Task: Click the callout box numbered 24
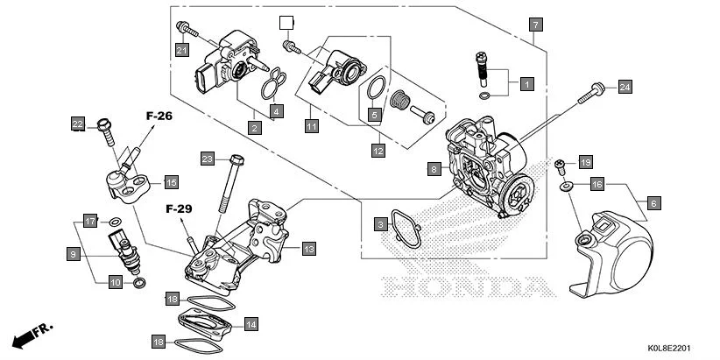click(x=625, y=86)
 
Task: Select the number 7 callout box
click(x=535, y=25)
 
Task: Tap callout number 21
click(x=182, y=50)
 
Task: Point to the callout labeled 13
click(x=308, y=249)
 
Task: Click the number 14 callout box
click(x=251, y=324)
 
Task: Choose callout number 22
click(x=78, y=124)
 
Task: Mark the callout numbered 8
click(x=434, y=168)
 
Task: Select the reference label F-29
click(x=179, y=210)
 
